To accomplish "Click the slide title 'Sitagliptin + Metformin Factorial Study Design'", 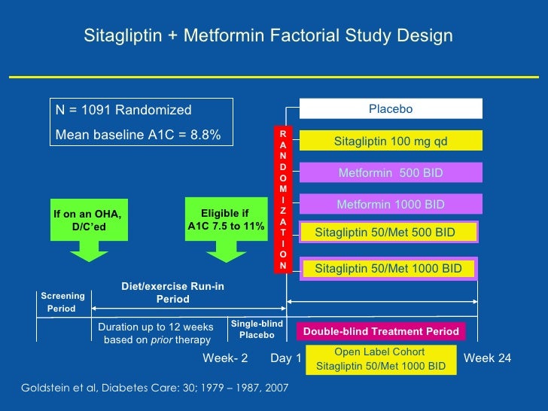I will (x=268, y=36).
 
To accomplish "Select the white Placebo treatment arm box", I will (x=391, y=110).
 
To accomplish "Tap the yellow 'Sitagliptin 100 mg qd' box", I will (x=391, y=141).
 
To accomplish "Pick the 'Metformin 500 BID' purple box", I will (x=391, y=173).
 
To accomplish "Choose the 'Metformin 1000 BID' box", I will (x=391, y=205).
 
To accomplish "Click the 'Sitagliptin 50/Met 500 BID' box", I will (x=388, y=232).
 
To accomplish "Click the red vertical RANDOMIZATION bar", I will (x=283, y=199).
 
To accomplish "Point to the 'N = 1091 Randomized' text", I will (x=123, y=111).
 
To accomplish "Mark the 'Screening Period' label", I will (x=62, y=303).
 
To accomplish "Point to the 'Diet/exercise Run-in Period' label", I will (x=172, y=293).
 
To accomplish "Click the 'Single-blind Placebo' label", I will (x=257, y=329).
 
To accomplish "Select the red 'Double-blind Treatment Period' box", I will (x=381, y=331).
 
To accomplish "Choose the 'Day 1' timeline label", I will (x=286, y=358).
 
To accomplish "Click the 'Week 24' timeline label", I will (x=487, y=358).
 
